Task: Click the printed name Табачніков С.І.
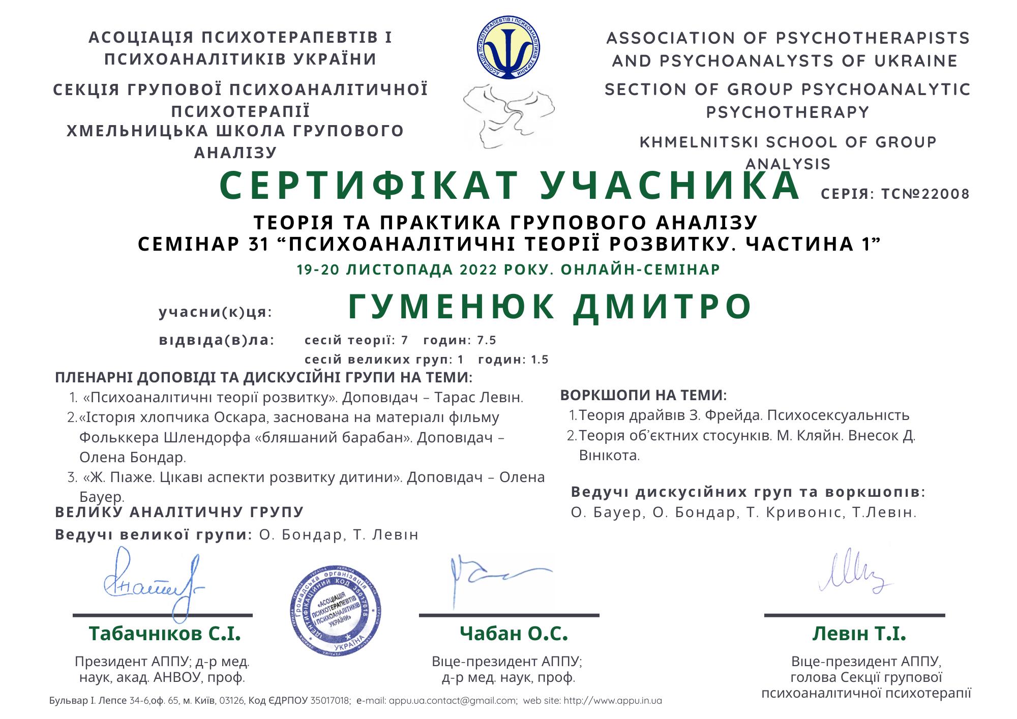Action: tap(164, 634)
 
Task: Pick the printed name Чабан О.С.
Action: tap(514, 634)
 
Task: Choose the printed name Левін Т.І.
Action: tap(859, 634)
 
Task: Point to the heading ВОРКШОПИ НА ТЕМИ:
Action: tap(643, 395)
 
